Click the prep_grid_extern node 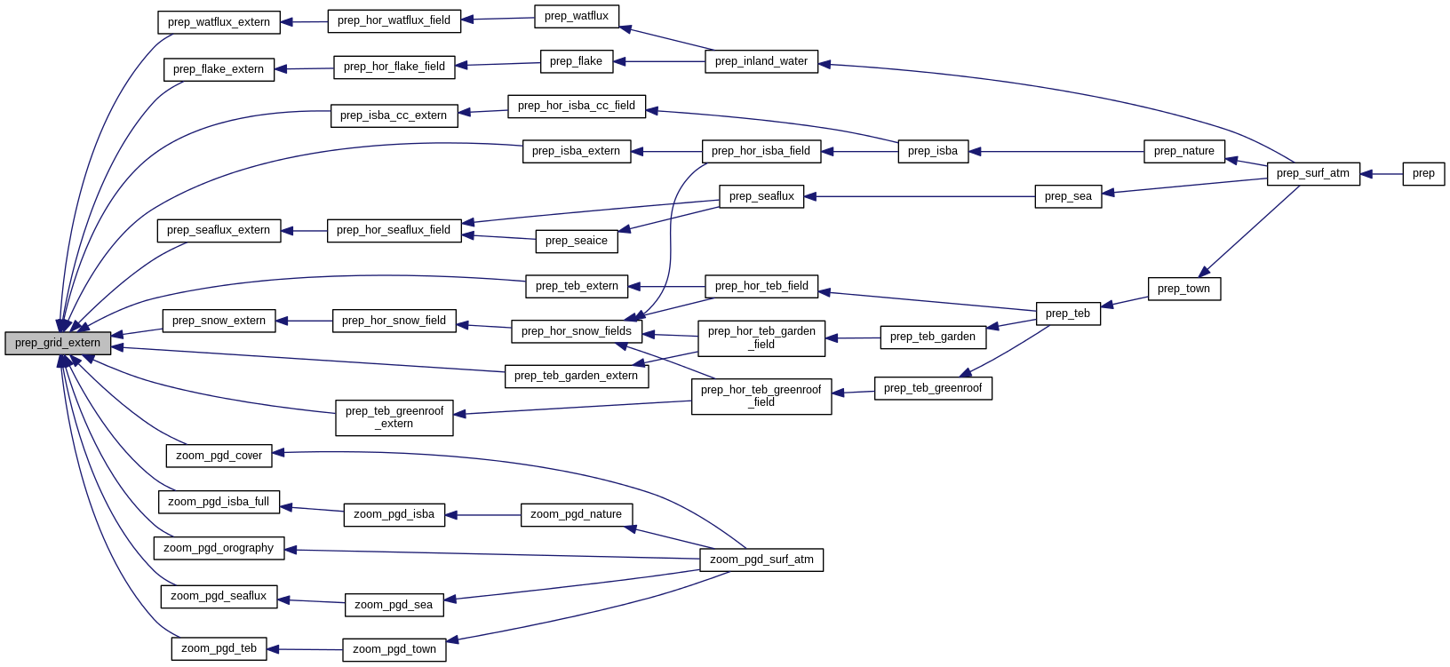[x=58, y=343]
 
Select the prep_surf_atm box [x=1313, y=174]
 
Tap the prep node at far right [x=1423, y=174]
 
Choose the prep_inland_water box [x=761, y=61]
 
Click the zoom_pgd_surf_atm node [x=761, y=560]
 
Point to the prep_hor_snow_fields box [x=577, y=331]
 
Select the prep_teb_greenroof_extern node [x=394, y=417]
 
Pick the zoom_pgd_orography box [x=219, y=548]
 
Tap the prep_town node [x=1184, y=289]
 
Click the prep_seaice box [x=577, y=241]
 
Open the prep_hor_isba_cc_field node [x=577, y=106]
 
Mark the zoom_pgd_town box [x=394, y=649]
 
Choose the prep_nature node [x=1184, y=151]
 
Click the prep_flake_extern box [x=219, y=69]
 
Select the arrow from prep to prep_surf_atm [x=1381, y=174]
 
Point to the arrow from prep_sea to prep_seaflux [x=919, y=196]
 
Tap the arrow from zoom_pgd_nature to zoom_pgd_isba [x=482, y=515]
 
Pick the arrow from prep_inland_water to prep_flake [x=659, y=61]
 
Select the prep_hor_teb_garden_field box [x=761, y=337]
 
